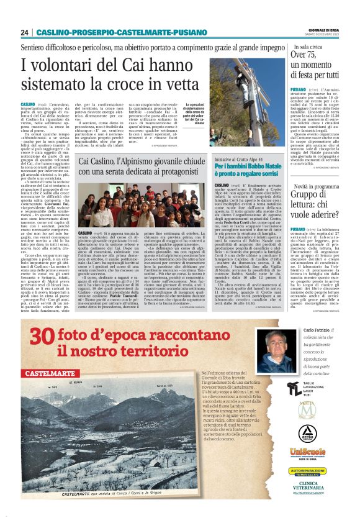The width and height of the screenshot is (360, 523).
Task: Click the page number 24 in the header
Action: (x=25, y=32)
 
